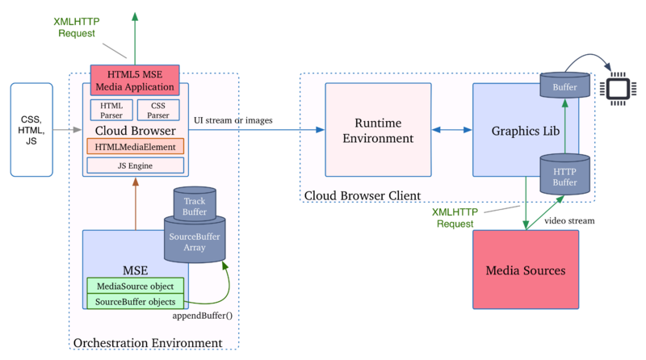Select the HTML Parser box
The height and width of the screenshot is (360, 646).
(x=111, y=110)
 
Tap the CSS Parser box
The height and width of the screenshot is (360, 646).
(x=159, y=110)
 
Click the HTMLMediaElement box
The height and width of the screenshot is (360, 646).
(x=135, y=147)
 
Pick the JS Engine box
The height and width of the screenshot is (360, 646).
(x=135, y=166)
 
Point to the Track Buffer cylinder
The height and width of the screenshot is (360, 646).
(x=195, y=205)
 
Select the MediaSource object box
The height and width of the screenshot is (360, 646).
(x=135, y=286)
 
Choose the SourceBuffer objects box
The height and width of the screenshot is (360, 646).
(x=135, y=301)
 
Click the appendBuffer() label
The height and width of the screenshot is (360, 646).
(x=203, y=315)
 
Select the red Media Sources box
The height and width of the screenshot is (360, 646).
(x=525, y=269)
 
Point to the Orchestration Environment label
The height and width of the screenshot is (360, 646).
(x=148, y=343)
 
